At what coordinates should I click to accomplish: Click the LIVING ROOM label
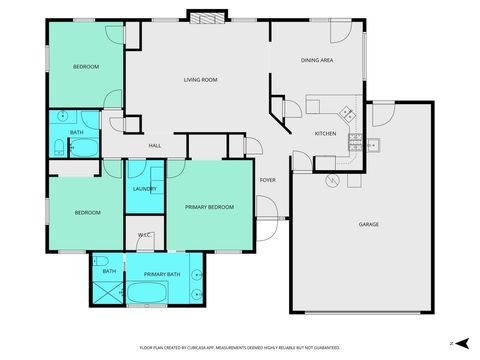pos(201,79)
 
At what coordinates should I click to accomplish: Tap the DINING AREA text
pos(317,61)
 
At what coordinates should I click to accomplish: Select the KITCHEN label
pos(326,133)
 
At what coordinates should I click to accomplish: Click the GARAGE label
pos(368,224)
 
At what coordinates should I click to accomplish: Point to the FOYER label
pos(268,180)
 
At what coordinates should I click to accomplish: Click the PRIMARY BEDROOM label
pos(209,207)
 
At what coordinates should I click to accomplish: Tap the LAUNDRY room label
pos(144,189)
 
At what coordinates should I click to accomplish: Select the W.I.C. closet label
pos(144,236)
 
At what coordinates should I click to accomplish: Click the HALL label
pos(155,146)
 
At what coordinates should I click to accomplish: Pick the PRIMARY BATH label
pos(161,273)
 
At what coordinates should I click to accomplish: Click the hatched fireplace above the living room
pos(202,17)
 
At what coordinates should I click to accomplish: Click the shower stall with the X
pos(106,292)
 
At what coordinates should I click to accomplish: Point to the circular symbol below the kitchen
pos(333,181)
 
